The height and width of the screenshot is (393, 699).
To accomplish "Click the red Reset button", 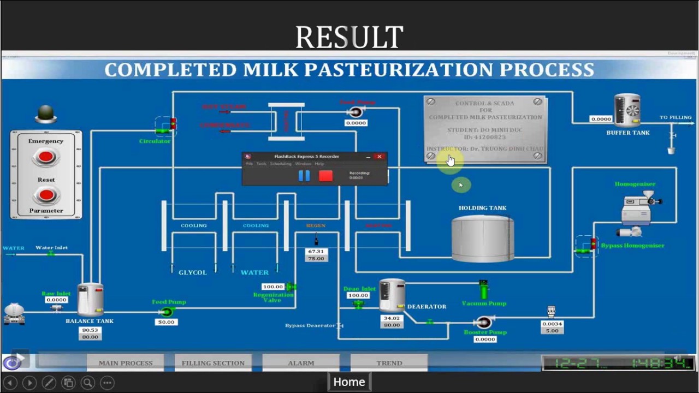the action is coord(46,195).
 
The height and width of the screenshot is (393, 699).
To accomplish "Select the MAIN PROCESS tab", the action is coord(125,363).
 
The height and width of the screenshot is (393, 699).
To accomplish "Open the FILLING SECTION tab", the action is coord(213,363).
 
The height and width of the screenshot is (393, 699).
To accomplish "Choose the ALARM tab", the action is coord(301,363).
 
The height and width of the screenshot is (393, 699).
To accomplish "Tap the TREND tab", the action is coord(389,363).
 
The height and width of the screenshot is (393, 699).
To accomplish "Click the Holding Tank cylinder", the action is coord(483,239).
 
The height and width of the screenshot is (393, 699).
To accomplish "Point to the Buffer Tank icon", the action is coord(627,111).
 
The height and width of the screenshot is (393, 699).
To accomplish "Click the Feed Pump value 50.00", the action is coord(166,322).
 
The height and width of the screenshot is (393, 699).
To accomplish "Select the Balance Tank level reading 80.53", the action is coord(90,330).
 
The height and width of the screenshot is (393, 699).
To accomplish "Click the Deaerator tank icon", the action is coord(392,295).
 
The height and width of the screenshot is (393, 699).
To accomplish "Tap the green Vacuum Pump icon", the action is coord(483,290).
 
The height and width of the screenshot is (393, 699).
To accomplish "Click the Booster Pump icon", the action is coord(483,322).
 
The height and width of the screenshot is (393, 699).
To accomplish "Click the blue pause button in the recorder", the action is coord(304,176).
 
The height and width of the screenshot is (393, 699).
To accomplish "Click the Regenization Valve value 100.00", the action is coord(273,287).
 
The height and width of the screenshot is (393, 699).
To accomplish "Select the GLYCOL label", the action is coord(193,272).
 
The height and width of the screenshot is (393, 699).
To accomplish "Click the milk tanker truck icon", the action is coord(14,314).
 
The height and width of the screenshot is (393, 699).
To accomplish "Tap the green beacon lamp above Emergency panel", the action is coord(46,114).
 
